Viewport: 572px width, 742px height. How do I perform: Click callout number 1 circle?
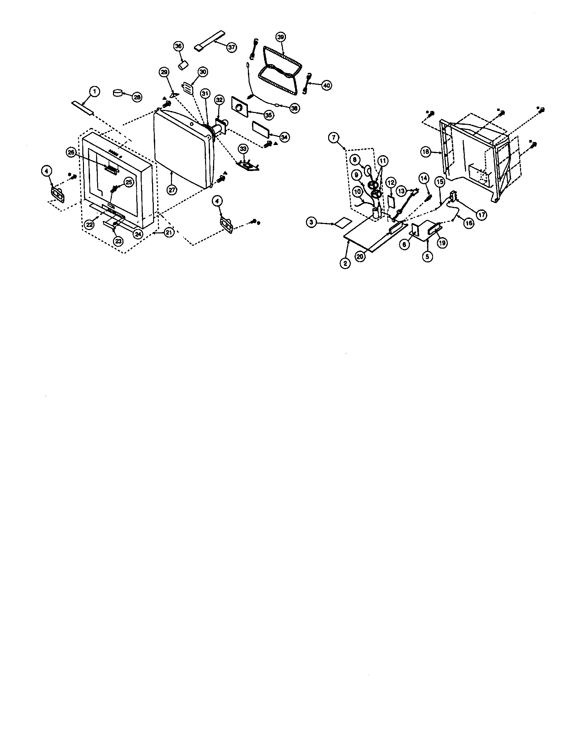pyautogui.click(x=94, y=91)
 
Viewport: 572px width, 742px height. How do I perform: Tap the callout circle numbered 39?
pyautogui.click(x=281, y=37)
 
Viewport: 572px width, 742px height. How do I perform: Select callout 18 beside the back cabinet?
pyautogui.click(x=426, y=152)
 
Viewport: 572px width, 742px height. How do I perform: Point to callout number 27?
pyautogui.click(x=172, y=190)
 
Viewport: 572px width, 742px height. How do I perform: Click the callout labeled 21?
pyautogui.click(x=168, y=232)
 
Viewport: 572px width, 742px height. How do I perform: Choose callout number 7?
pyautogui.click(x=334, y=138)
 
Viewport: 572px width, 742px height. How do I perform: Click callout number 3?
pyautogui.click(x=311, y=223)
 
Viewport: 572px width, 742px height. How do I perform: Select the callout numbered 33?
pyautogui.click(x=242, y=149)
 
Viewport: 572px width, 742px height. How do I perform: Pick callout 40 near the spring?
pyautogui.click(x=326, y=86)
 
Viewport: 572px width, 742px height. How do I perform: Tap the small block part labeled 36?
pyautogui.click(x=183, y=64)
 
